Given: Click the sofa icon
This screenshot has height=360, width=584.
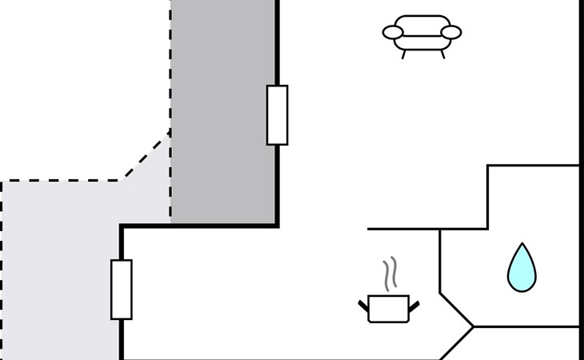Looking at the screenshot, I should pos(422,33).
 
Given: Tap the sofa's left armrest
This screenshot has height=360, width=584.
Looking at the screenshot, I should pos(392,33).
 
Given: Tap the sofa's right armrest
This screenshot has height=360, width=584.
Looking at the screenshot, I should pos(452,33).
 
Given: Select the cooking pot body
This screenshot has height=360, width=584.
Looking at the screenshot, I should pos(389,309).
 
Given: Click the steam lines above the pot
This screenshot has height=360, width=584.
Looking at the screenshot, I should pos(390,274).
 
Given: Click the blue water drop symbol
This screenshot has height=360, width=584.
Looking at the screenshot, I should pos(521,269).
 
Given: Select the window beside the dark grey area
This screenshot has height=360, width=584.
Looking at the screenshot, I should pos(277,114).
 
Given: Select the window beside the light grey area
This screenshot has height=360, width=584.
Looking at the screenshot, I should pos(122,289).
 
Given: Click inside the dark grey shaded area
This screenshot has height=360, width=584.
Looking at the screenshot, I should pos(224,112).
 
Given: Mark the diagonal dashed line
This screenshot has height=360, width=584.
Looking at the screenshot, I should pos(146,154).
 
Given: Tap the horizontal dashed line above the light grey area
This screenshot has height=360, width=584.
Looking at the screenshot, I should pos(60,181).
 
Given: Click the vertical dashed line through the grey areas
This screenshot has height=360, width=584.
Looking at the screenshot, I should pos(170,64).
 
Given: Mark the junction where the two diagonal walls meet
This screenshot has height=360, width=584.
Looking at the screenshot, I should pos(473,326).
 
